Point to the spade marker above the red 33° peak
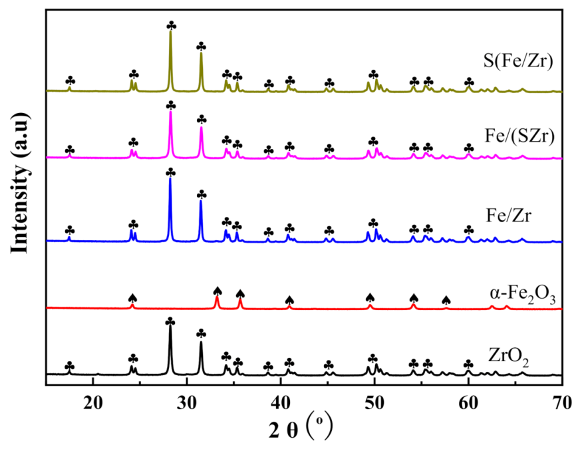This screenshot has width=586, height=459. (x=217, y=291)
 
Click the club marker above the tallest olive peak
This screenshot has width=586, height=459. (x=171, y=25)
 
